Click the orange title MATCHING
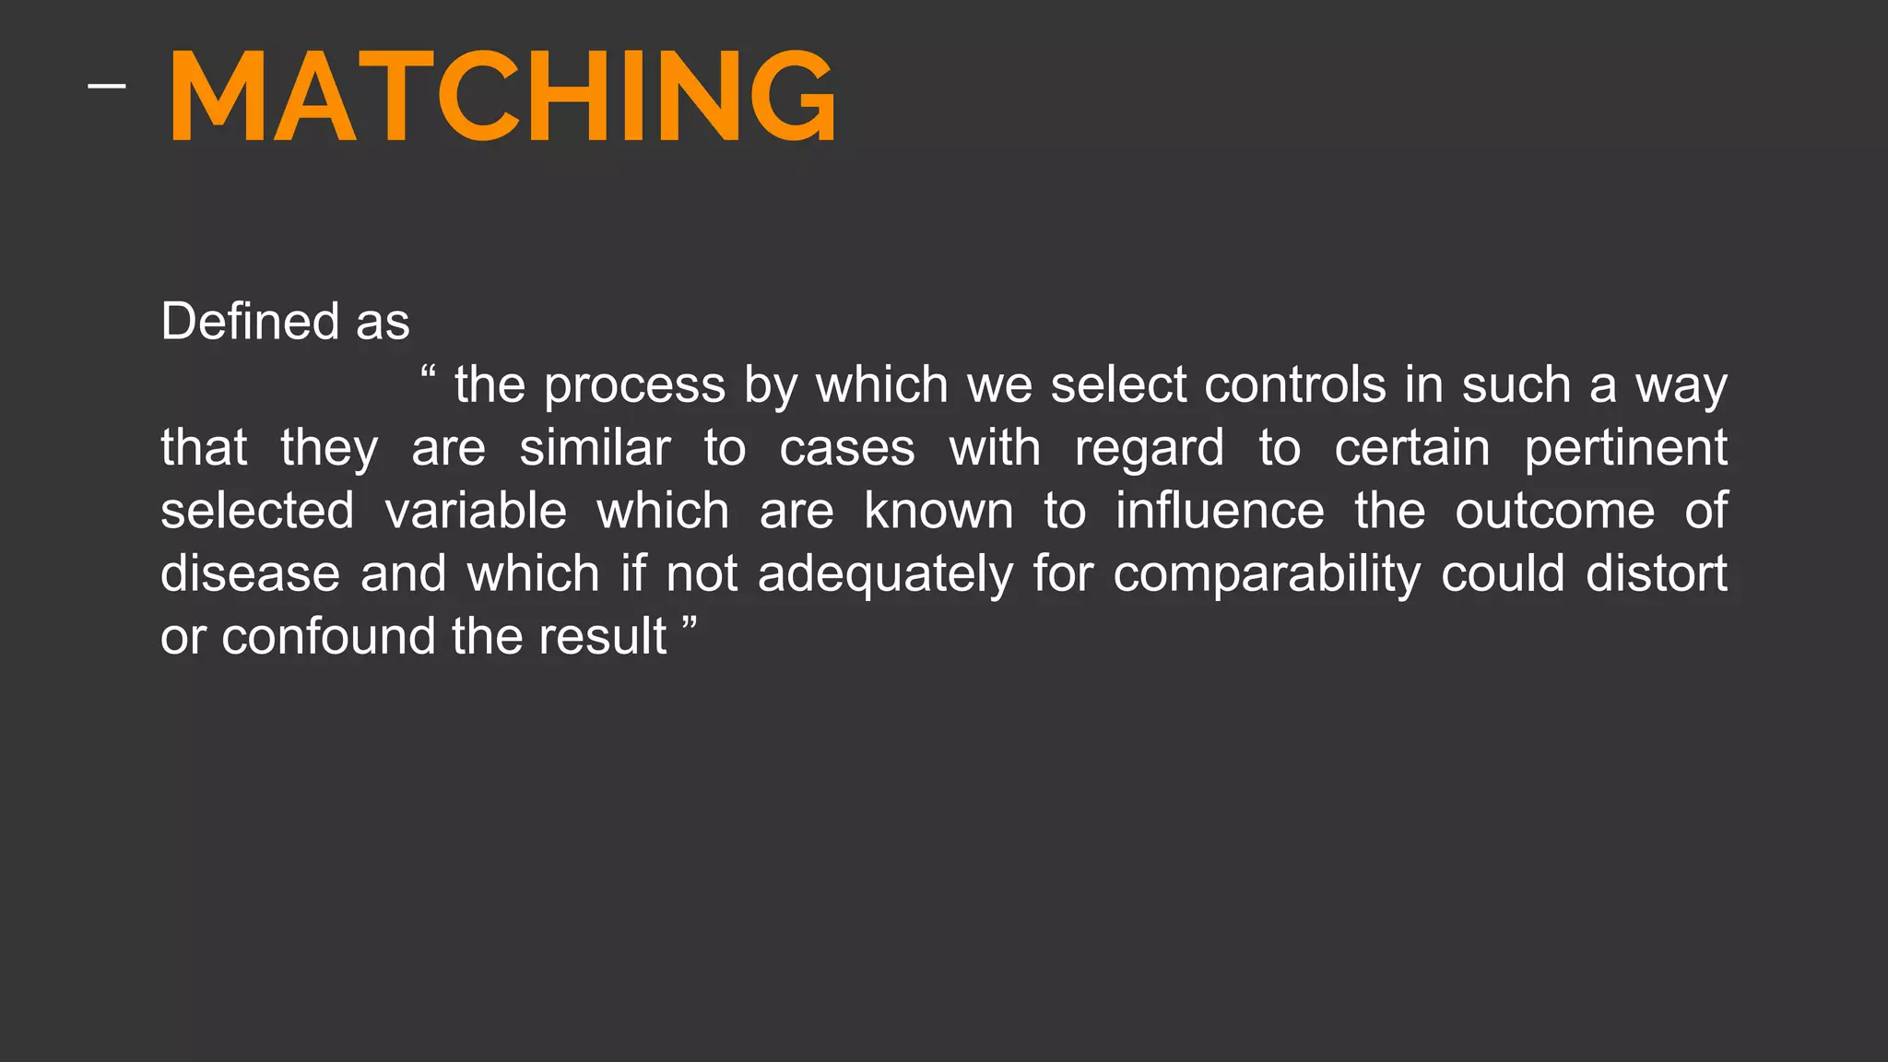tap(502, 96)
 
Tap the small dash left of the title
tap(107, 87)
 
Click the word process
tap(634, 386)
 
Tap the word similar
tap(595, 448)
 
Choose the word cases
tap(847, 449)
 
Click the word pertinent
tap(1625, 449)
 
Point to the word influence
tap(1220, 511)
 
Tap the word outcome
tap(1554, 512)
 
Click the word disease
tap(251, 573)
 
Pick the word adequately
tap(885, 575)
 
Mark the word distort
tap(1657, 573)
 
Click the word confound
tap(328, 636)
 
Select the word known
tap(938, 511)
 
